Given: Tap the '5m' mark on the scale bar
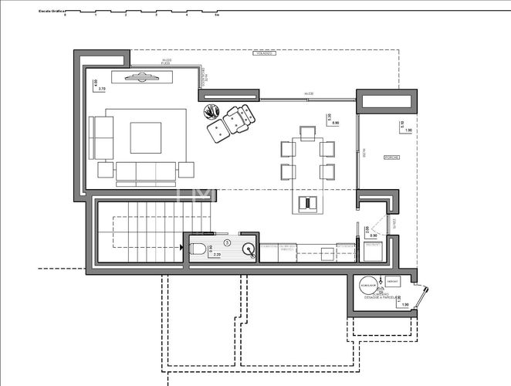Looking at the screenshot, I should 216,15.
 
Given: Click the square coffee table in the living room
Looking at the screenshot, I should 145,138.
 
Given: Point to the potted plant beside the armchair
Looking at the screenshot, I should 211,112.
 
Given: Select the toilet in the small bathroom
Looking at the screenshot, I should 198,249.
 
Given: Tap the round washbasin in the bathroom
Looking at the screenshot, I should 248,248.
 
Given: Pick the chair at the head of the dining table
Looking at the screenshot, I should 306,134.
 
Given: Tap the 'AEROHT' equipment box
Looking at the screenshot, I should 392,281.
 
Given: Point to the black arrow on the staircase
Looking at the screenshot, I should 182,248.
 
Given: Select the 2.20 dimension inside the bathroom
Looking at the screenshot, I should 217,255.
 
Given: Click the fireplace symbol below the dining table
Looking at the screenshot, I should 307,203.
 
